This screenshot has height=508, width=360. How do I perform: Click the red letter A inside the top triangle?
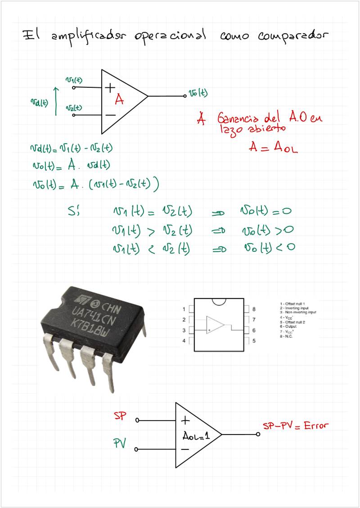pos(119,100)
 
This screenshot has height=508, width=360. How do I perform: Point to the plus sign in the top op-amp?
pos(110,87)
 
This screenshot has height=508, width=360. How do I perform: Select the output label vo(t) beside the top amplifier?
pos(198,94)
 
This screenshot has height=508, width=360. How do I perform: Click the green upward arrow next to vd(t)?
pos(56,102)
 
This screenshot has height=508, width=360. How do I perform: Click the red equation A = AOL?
pos(273,147)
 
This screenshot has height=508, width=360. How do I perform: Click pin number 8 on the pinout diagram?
pos(254,309)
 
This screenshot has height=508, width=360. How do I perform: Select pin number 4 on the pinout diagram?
pos(184,341)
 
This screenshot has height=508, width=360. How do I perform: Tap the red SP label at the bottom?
pos(121,416)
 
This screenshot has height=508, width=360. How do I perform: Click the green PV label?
pos(119,444)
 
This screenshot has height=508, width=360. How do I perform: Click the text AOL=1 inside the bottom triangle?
pos(196,435)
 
